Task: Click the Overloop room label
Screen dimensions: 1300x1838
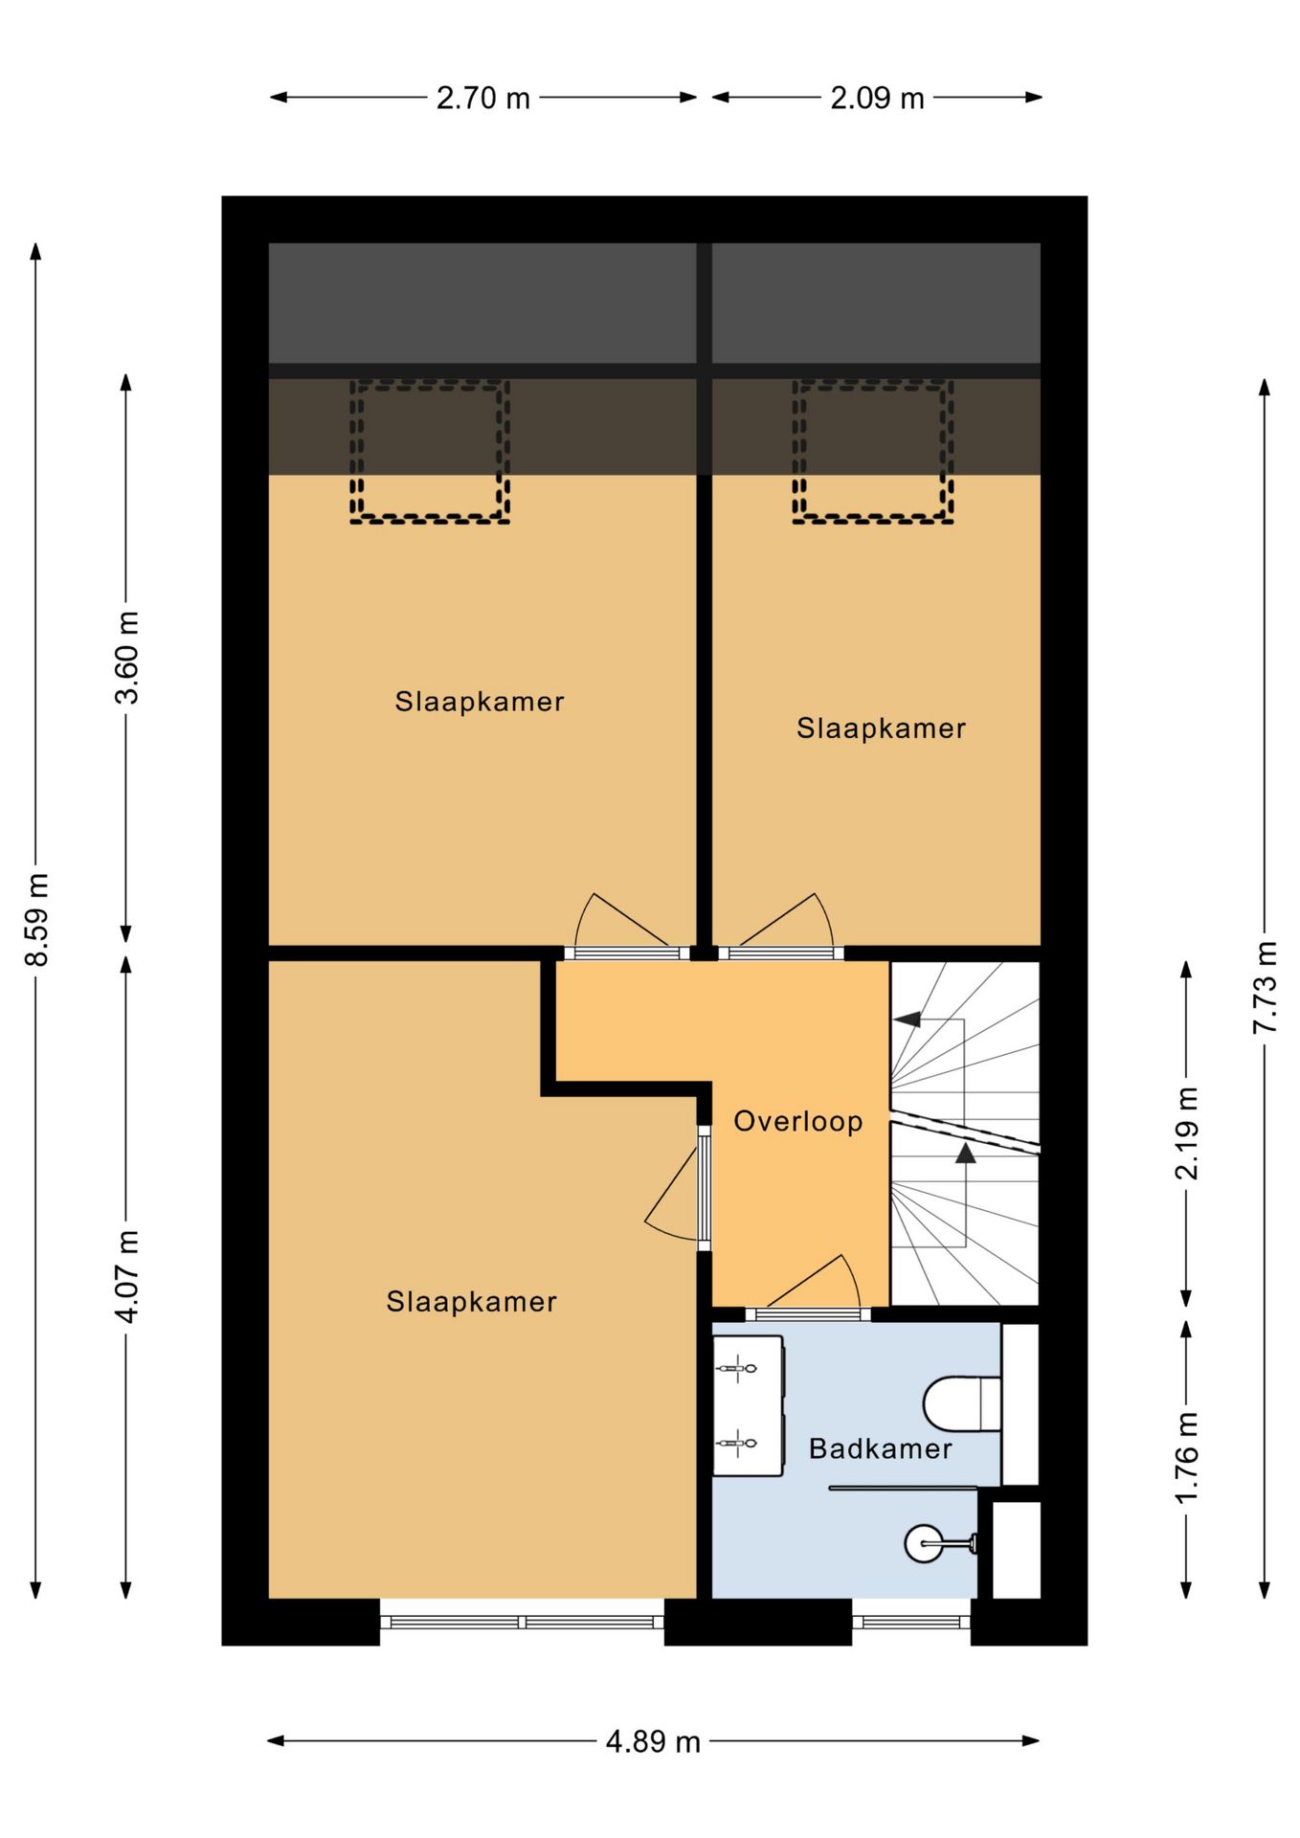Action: tap(798, 1121)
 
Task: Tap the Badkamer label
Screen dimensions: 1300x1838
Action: tap(881, 1448)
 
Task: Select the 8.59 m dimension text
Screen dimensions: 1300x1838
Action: tap(36, 919)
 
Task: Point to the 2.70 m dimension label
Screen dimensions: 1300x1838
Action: tap(483, 98)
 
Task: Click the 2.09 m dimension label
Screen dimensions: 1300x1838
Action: tap(877, 98)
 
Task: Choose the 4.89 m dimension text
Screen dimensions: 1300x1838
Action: tap(653, 1741)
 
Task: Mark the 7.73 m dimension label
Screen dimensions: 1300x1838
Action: tap(1265, 987)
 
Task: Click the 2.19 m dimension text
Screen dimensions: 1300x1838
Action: tap(1186, 1133)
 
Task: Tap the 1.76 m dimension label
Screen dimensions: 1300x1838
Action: tap(1186, 1457)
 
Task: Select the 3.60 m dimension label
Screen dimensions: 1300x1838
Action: tap(126, 658)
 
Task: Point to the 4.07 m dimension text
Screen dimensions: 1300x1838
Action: tap(126, 1277)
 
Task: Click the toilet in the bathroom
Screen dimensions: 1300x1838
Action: tap(962, 1404)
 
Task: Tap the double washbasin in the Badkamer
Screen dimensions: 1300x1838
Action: tap(749, 1406)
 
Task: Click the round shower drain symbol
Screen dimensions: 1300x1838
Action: tap(924, 1543)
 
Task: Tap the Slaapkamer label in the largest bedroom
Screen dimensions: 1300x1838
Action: tap(471, 1302)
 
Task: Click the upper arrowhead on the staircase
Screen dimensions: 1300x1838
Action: tap(908, 1020)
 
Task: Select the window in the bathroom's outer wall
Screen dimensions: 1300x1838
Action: tap(911, 1622)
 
